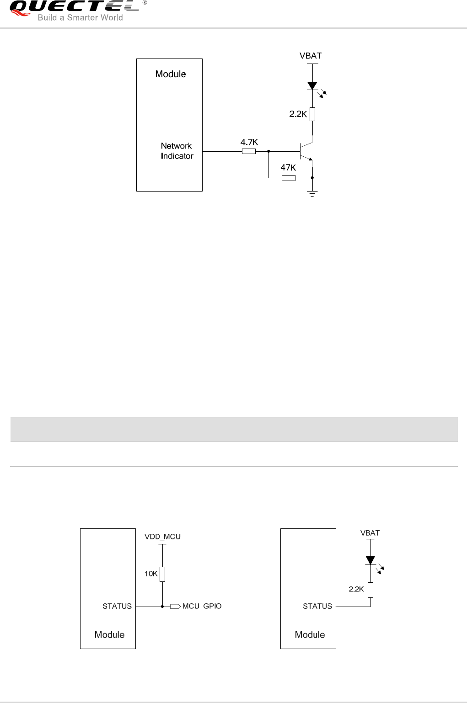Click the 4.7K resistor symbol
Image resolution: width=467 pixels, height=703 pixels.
point(249,151)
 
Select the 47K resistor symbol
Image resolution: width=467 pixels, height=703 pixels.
point(289,178)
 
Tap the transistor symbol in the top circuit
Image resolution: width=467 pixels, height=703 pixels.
point(306,151)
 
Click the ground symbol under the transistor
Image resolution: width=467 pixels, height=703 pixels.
point(312,193)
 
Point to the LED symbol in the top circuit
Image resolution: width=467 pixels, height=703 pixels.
point(313,86)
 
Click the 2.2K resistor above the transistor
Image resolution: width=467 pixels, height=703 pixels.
point(312,114)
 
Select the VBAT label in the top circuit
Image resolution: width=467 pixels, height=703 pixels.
point(311,56)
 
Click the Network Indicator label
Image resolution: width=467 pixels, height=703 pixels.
point(177,151)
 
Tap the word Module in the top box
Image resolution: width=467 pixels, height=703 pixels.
point(171,74)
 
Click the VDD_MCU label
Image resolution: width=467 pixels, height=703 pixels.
point(162,537)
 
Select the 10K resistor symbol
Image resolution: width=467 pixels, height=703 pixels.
point(162,574)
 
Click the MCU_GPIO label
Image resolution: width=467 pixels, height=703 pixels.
point(202,606)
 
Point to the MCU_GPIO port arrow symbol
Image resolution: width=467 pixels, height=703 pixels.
point(175,607)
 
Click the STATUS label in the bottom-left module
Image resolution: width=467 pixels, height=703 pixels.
point(117,606)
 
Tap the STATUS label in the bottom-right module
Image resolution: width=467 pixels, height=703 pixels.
point(317,606)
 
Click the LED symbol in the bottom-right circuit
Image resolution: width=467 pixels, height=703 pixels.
point(370,560)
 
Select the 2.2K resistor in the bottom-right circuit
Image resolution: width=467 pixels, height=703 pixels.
point(370,590)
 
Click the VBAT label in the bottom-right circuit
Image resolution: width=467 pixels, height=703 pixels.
point(370,533)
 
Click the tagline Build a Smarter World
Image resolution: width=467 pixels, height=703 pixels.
point(81,18)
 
